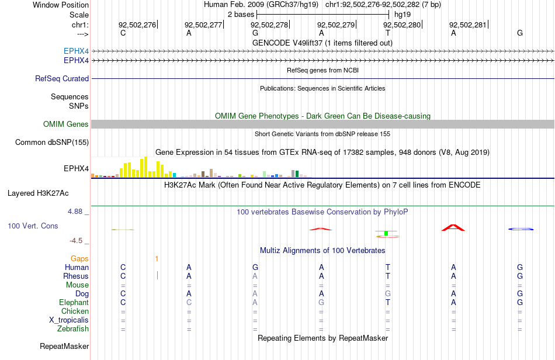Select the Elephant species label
pos(74,302)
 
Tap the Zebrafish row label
pos(73,328)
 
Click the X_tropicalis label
pos(69,320)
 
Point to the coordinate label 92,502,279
pos(335,25)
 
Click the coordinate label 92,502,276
pos(137,25)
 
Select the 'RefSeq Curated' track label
pos(62,78)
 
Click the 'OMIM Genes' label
pos(66,124)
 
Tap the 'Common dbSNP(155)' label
pos(52,142)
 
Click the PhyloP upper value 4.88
pos(75,212)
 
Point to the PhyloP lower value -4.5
pos(76,241)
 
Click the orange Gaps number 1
pos(157,259)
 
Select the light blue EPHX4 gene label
pos(76,51)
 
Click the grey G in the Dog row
pos(388,293)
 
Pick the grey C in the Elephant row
pos(189,302)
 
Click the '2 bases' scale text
pos(241,15)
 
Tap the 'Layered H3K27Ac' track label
pos(38,193)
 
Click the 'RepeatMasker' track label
pos(64,346)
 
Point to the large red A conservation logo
pos(453,227)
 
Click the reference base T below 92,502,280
pos(388,33)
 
